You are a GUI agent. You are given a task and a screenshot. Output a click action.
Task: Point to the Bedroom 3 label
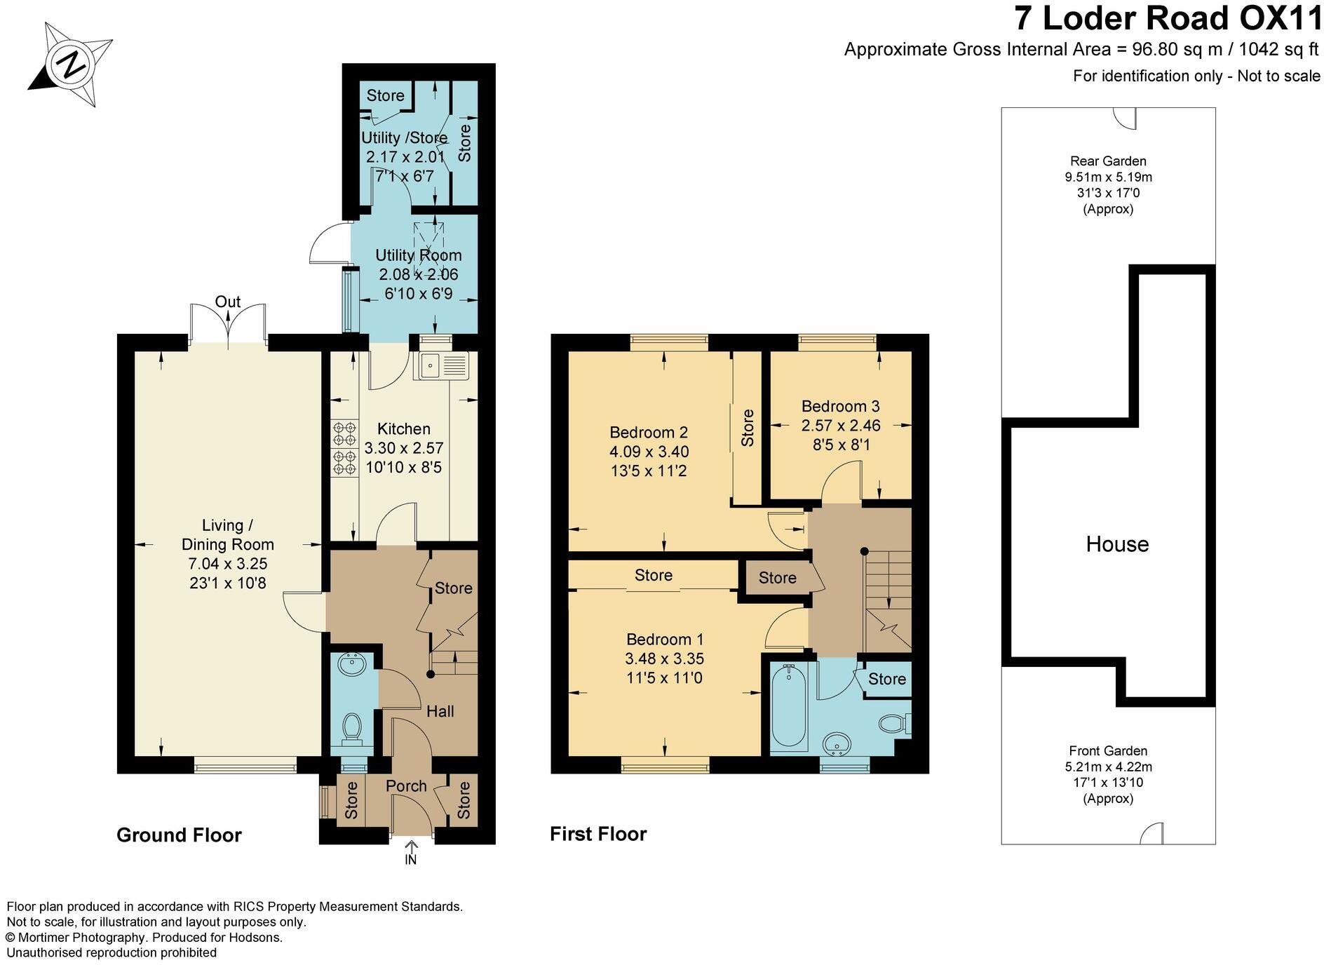tap(840, 406)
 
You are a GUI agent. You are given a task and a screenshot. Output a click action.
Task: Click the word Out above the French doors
tap(227, 302)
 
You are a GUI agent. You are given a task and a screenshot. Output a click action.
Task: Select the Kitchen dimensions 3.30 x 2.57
tap(404, 448)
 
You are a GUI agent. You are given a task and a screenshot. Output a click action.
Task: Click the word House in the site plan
tap(1117, 544)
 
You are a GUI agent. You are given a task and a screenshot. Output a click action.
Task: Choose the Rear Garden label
tap(1108, 161)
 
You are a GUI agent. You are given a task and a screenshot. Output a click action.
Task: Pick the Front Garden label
tap(1108, 751)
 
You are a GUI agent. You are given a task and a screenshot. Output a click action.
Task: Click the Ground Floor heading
tap(179, 835)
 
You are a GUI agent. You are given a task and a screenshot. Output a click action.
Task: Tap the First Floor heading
tap(598, 834)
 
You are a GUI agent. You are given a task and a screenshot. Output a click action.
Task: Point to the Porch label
tap(406, 786)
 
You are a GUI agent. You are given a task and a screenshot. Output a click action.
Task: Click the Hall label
tap(440, 711)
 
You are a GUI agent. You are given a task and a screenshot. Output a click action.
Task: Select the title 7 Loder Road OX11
tap(1168, 19)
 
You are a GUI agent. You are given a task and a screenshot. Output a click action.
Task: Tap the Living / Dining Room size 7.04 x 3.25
tap(228, 564)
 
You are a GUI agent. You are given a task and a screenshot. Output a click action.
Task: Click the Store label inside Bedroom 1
tap(653, 575)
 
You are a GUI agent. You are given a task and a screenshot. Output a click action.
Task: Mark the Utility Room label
tap(418, 255)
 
